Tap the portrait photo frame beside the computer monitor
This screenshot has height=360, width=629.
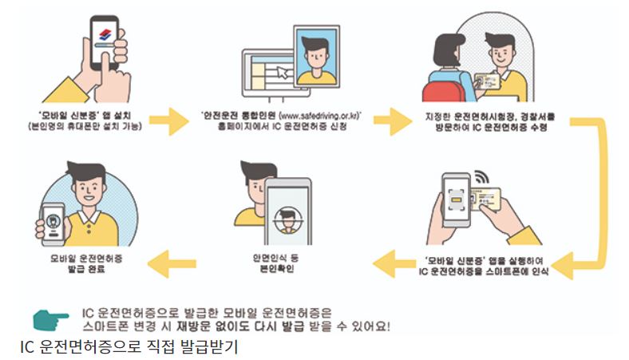(x=317, y=55)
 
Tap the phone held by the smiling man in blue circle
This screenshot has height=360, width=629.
(x=53, y=218)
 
